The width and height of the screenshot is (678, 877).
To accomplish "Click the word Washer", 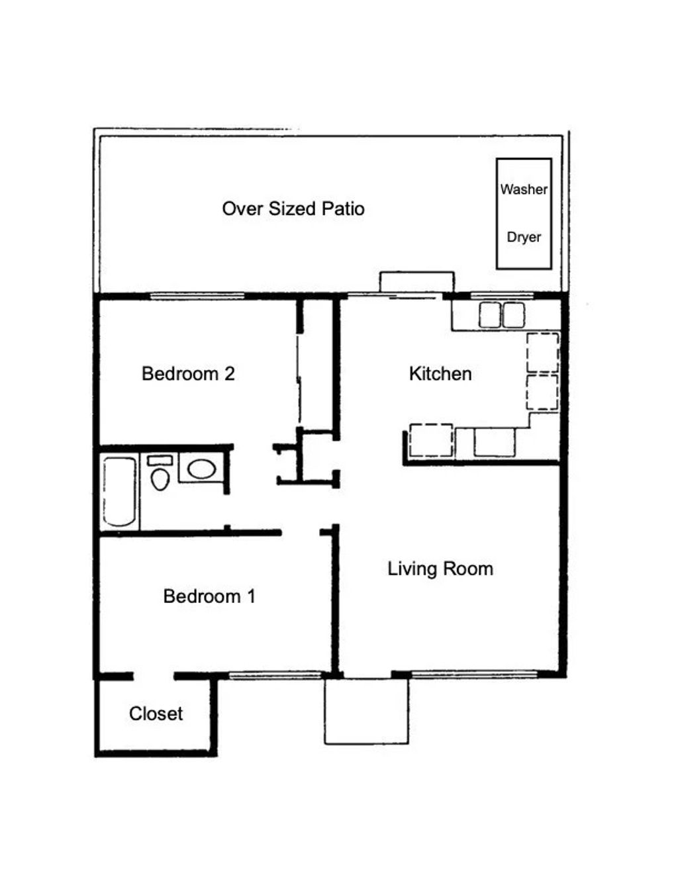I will (524, 189).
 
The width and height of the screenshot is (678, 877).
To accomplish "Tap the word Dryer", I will (524, 237).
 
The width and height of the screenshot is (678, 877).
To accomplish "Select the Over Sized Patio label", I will (293, 209).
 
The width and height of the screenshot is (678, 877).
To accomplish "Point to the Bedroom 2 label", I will (188, 374).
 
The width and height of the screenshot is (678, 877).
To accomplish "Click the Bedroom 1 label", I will (209, 596).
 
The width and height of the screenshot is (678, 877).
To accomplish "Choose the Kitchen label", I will (440, 374).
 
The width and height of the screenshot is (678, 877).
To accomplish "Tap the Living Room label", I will (440, 569).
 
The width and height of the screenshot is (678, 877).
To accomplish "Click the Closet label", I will (156, 714).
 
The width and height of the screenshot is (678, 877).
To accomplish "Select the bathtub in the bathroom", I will (120, 491).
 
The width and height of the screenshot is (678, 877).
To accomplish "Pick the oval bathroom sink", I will (201, 469).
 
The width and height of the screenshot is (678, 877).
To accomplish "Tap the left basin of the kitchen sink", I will (490, 315).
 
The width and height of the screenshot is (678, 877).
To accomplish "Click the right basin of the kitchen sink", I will (514, 315).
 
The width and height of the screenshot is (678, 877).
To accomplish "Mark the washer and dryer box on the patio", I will (524, 214).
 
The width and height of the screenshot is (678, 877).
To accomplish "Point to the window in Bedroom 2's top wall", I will (197, 296).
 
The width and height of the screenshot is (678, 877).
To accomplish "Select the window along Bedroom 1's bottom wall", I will (274, 675).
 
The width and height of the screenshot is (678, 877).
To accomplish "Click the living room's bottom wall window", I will (474, 674).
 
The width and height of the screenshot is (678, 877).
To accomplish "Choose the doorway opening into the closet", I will (154, 676).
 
